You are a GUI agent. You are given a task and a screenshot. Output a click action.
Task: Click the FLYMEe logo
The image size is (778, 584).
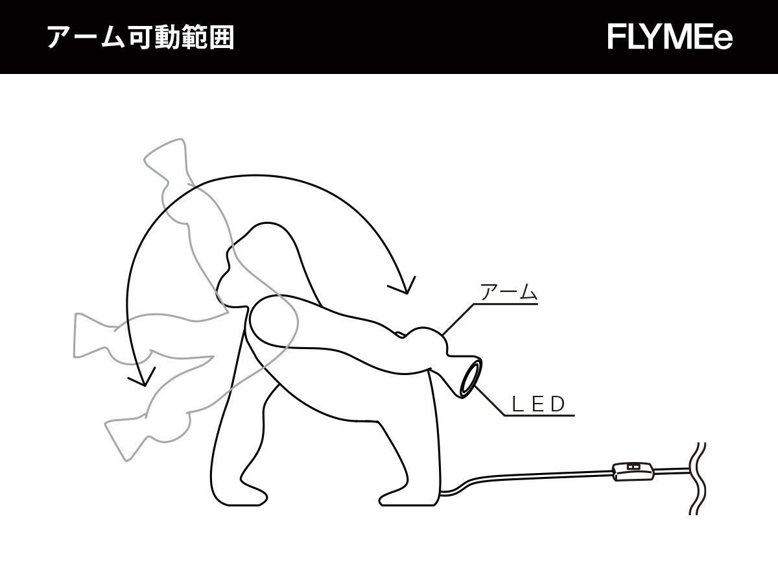(x=670, y=38)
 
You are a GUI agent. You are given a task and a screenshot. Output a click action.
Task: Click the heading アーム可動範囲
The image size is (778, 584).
(x=140, y=38)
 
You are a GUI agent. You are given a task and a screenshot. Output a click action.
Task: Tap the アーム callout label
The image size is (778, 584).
(x=508, y=293)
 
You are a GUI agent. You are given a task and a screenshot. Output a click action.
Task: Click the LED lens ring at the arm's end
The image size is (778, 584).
(x=470, y=380)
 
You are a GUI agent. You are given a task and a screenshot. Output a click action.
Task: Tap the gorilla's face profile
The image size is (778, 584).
(x=224, y=279)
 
